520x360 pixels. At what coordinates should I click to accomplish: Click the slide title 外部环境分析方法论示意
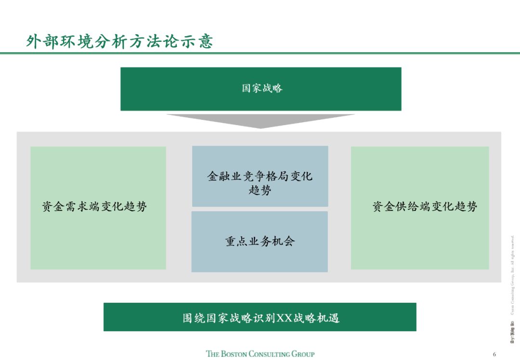point(119,41)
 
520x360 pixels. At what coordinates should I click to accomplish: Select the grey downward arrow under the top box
point(260,120)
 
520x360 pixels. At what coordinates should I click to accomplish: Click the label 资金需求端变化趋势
point(94,207)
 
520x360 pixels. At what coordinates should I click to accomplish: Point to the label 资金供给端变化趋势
point(425,207)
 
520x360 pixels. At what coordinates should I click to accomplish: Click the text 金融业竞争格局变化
point(260,176)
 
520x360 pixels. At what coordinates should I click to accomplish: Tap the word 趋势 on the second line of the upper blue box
point(260,190)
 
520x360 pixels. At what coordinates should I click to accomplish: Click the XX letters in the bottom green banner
point(285,318)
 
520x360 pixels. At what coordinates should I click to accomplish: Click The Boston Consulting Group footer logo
point(260,354)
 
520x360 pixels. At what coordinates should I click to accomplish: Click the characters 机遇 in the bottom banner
point(329,318)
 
